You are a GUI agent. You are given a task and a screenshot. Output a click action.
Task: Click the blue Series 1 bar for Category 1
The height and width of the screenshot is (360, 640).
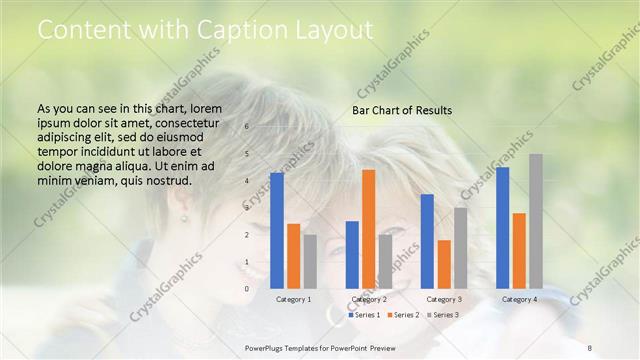[x=277, y=231]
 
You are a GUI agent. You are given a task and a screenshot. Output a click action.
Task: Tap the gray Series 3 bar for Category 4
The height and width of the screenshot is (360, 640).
[x=536, y=221]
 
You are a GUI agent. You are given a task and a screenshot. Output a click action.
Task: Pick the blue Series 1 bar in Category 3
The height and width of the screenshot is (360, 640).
[x=427, y=241]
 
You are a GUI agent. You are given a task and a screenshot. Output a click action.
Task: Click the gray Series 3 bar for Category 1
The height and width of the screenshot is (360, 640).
[x=310, y=261]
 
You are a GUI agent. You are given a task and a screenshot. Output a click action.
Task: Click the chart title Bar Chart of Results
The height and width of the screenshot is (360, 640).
[x=402, y=110]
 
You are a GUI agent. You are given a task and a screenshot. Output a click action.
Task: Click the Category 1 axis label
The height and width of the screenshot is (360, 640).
[x=293, y=299]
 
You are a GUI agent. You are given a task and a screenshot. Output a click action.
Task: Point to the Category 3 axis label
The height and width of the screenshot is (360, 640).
[x=444, y=299]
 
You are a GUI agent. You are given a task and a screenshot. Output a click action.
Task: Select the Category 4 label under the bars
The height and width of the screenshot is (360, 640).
[x=519, y=299]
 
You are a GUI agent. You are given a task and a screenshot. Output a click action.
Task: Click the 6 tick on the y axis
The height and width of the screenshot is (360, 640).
[x=247, y=127]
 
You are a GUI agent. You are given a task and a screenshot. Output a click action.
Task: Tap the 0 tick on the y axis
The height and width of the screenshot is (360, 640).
[x=247, y=289]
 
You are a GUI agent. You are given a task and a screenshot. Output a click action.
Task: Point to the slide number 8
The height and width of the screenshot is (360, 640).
[x=590, y=347]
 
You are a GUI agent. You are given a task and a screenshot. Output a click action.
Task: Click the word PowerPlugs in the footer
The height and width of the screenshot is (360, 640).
[x=265, y=347]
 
